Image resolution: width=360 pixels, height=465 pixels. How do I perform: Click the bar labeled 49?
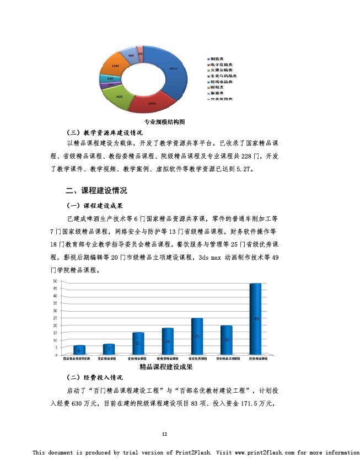[255, 319]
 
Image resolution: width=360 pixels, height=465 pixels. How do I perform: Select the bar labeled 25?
[197, 336]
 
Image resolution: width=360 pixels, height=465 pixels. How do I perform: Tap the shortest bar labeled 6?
[79, 350]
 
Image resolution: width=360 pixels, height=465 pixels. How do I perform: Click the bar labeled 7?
[109, 349]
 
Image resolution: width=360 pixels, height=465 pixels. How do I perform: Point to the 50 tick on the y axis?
[55, 281]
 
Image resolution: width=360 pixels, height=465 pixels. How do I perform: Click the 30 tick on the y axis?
[55, 311]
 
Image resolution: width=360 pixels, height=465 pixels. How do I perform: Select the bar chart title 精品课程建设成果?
[165, 367]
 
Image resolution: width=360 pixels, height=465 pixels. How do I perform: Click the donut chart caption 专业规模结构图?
[164, 121]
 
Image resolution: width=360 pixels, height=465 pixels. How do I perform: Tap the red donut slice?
[152, 103]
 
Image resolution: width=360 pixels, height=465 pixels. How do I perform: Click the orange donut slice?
[115, 66]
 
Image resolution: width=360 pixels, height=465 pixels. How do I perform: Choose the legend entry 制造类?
[216, 58]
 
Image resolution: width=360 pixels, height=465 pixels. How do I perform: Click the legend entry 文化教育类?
[220, 99]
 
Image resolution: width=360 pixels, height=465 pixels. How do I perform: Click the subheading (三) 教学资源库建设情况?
[104, 132]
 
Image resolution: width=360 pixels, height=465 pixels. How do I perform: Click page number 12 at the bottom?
[164, 435]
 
